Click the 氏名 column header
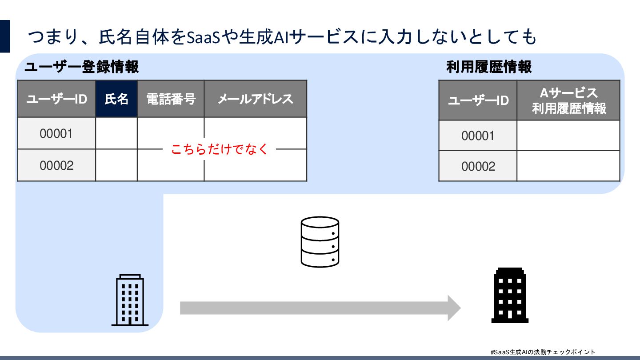tap(116, 99)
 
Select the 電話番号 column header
tap(171, 99)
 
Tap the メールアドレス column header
tap(255, 99)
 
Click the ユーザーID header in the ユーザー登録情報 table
tap(56, 99)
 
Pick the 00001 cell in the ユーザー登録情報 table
tap(56, 133)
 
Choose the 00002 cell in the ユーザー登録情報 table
tap(56, 165)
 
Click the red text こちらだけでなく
tap(220, 149)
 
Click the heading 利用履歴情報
tap(488, 67)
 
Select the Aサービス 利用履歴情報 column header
tap(568, 100)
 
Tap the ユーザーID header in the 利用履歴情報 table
tap(478, 100)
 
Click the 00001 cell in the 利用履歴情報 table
tap(478, 136)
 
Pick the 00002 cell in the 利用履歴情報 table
tap(478, 166)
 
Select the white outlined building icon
tap(130, 300)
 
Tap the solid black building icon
tap(510, 295)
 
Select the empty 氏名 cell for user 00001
tap(116, 133)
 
